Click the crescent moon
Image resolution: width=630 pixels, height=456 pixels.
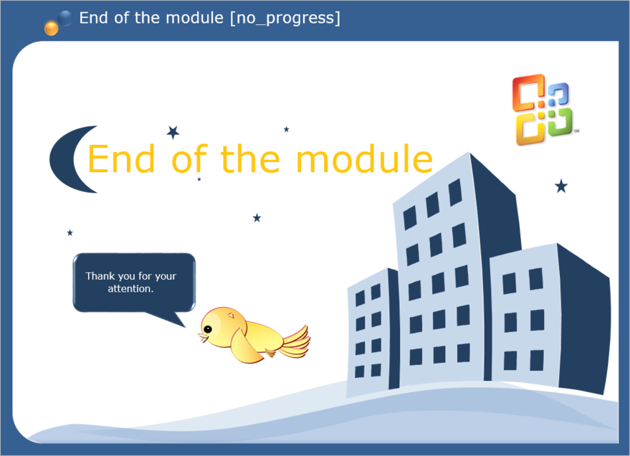click(x=64, y=159)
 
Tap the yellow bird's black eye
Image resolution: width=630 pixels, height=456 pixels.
click(x=208, y=329)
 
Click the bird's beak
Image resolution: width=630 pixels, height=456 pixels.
click(x=203, y=338)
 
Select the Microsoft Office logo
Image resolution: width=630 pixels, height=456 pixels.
click(x=543, y=109)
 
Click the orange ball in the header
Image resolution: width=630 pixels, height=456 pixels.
click(x=52, y=29)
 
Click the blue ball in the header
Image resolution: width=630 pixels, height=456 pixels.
click(x=65, y=18)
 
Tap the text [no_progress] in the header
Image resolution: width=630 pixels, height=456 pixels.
click(x=285, y=18)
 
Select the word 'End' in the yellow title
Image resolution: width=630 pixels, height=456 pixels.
click(x=121, y=158)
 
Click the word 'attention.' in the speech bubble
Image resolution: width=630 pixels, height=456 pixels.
click(x=130, y=289)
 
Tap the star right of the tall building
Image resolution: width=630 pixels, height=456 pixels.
click(x=561, y=186)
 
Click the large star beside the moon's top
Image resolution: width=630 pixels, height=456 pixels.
click(x=173, y=132)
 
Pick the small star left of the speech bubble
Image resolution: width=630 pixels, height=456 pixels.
click(x=70, y=232)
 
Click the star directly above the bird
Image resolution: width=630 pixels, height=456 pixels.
click(x=257, y=218)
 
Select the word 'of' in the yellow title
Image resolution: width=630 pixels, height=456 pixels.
click(x=189, y=158)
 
